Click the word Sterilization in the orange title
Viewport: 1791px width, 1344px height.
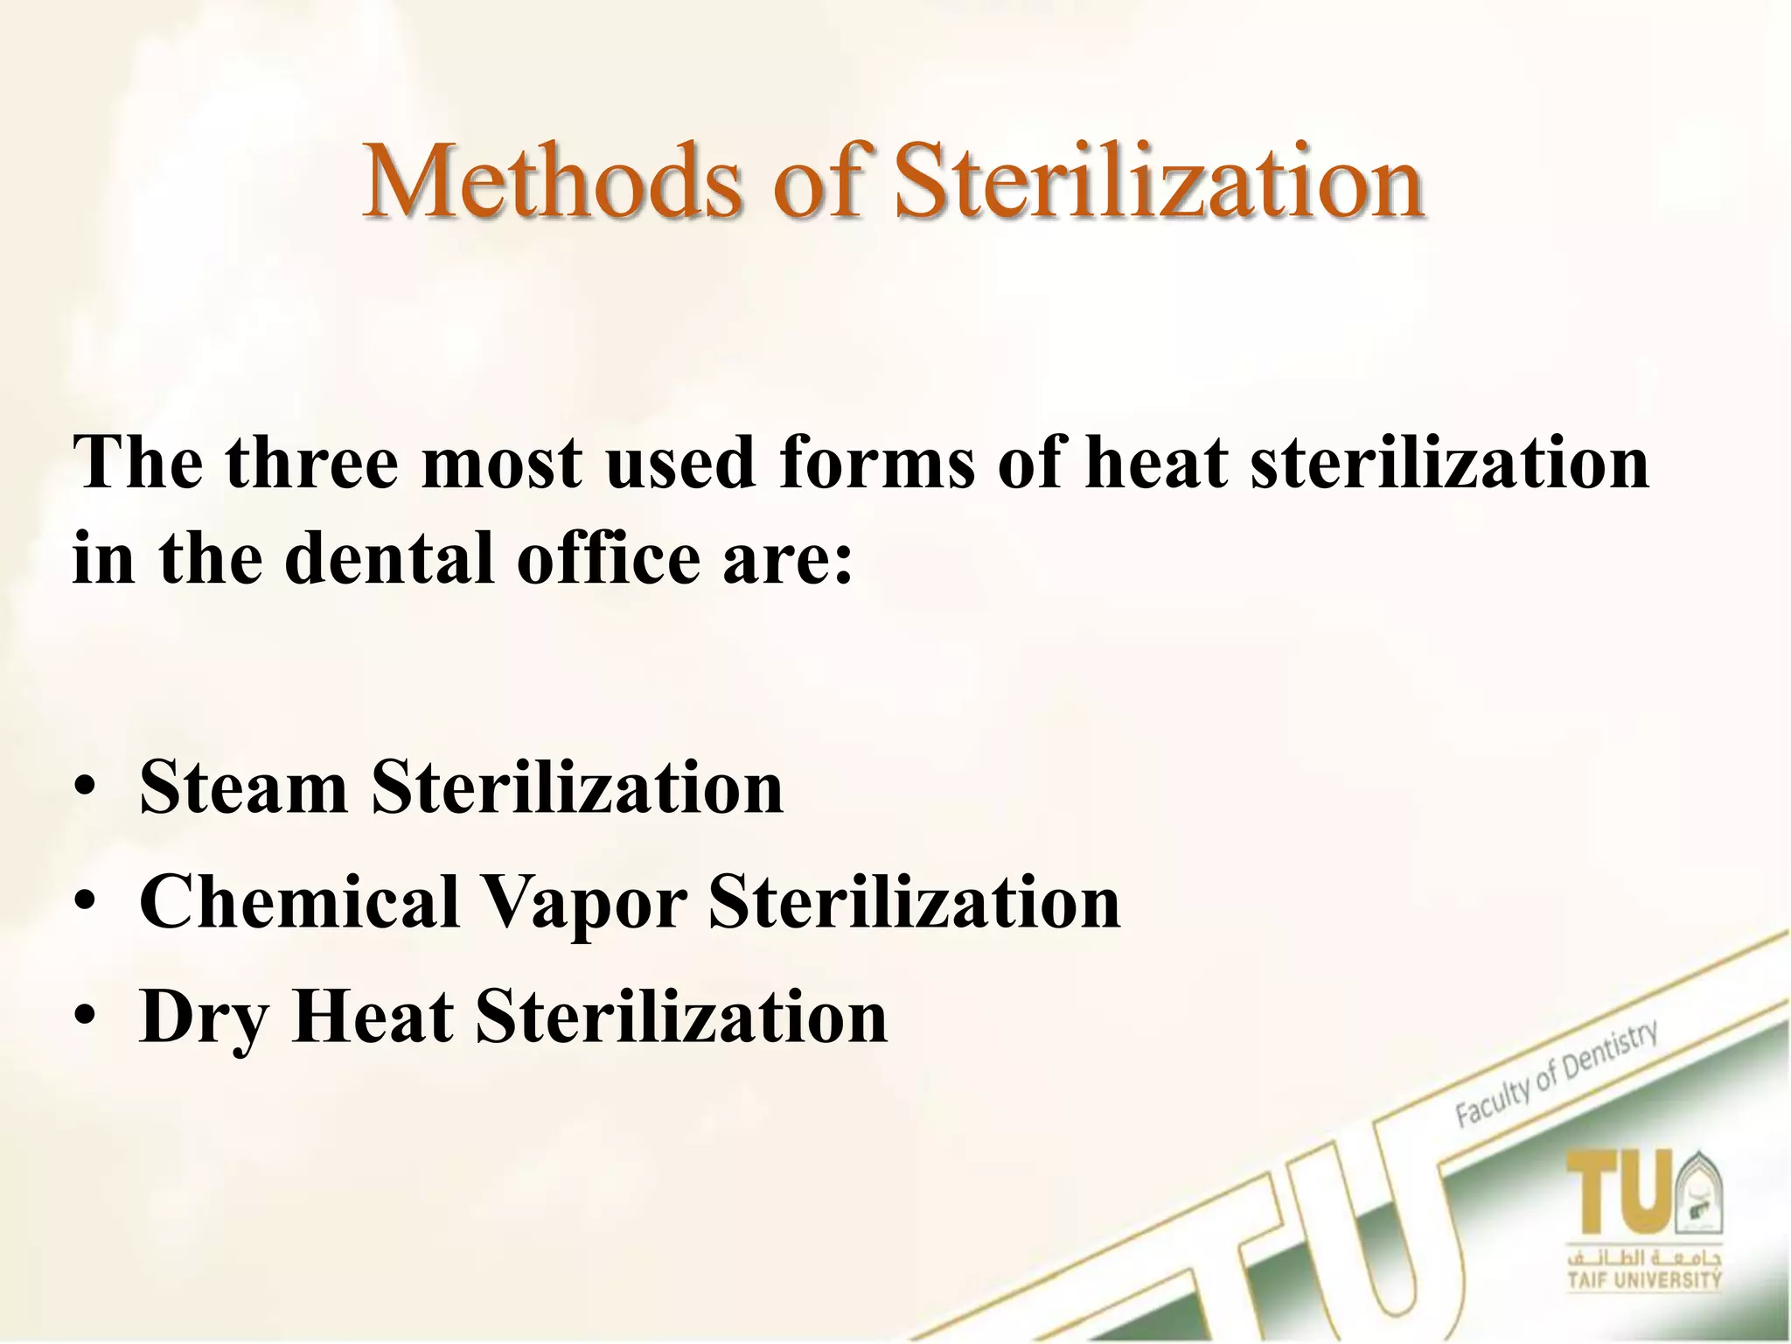[1159, 183]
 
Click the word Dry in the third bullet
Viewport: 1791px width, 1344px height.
[202, 1018]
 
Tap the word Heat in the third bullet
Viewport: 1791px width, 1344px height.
[373, 1017]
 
